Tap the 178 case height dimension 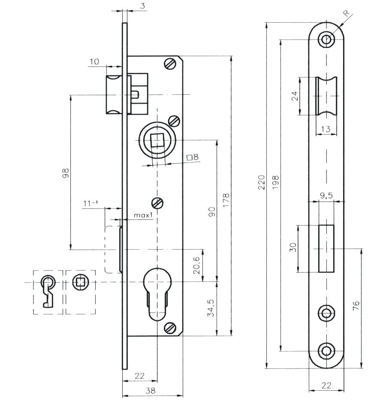[226, 200]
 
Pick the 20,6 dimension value [196, 265]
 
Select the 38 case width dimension [151, 391]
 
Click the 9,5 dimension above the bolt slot [326, 196]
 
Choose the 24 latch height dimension [295, 96]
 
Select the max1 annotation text [143, 214]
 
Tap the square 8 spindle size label [193, 157]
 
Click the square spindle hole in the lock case [157, 140]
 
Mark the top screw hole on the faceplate [326, 39]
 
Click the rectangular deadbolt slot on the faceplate [326, 248]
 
